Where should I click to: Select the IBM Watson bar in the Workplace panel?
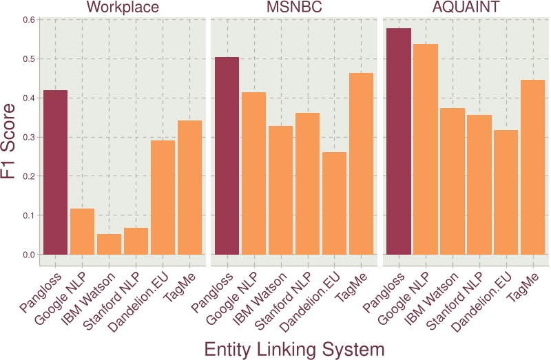(109, 244)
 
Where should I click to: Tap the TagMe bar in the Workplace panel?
(189, 187)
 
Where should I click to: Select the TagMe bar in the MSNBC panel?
(360, 164)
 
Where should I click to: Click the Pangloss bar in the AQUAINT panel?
(398, 141)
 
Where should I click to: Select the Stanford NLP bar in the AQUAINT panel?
(479, 184)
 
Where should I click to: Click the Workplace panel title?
(123, 8)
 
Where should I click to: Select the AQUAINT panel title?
(465, 8)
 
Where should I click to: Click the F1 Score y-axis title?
(10, 141)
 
